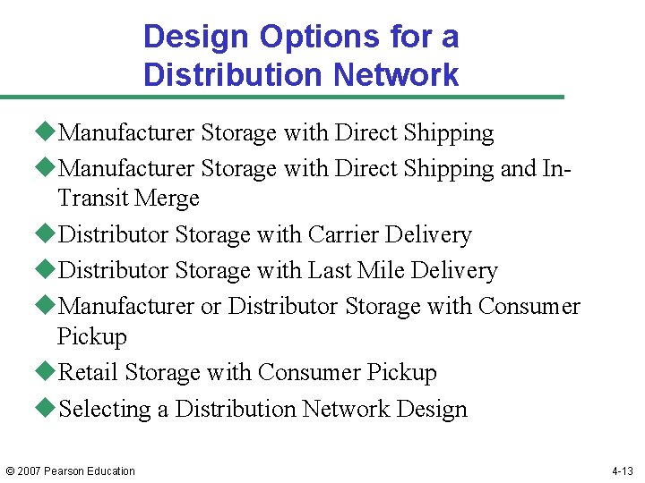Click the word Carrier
(x=343, y=234)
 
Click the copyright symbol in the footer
(x=11, y=471)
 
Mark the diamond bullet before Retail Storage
(x=48, y=372)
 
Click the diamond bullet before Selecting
(x=48, y=408)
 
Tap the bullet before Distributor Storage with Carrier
(x=48, y=233)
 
